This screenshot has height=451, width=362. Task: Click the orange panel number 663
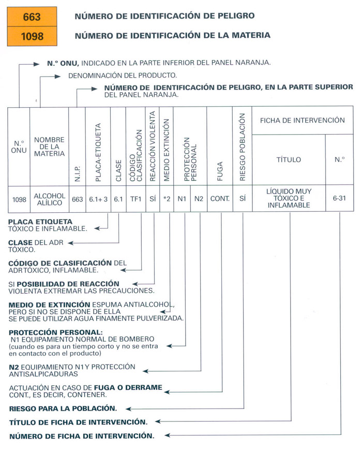(32, 18)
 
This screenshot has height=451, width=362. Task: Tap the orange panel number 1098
(32, 37)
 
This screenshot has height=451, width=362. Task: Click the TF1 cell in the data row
(135, 199)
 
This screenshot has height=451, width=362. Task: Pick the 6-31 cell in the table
(340, 199)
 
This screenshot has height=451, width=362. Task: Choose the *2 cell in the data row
(167, 199)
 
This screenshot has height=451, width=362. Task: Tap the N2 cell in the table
(199, 199)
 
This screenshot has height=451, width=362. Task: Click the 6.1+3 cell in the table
(98, 199)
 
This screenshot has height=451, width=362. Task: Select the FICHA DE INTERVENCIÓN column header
(303, 120)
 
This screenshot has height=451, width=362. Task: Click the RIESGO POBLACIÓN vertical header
(243, 147)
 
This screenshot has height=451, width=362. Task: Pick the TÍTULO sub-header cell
(289, 160)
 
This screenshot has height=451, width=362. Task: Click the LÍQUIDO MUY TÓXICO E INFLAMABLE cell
(289, 199)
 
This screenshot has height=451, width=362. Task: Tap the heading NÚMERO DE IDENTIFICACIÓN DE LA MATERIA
(172, 36)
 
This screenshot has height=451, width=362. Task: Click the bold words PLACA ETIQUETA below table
(40, 222)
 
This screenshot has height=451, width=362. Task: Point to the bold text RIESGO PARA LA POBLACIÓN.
(63, 408)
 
